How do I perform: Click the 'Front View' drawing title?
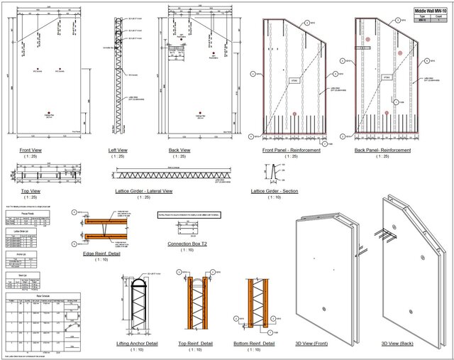click(x=35, y=151)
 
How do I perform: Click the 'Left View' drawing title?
click(x=118, y=151)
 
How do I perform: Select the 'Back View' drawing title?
click(x=179, y=151)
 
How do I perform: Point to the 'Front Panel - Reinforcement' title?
click(x=291, y=151)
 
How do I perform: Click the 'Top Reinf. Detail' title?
click(x=195, y=343)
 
